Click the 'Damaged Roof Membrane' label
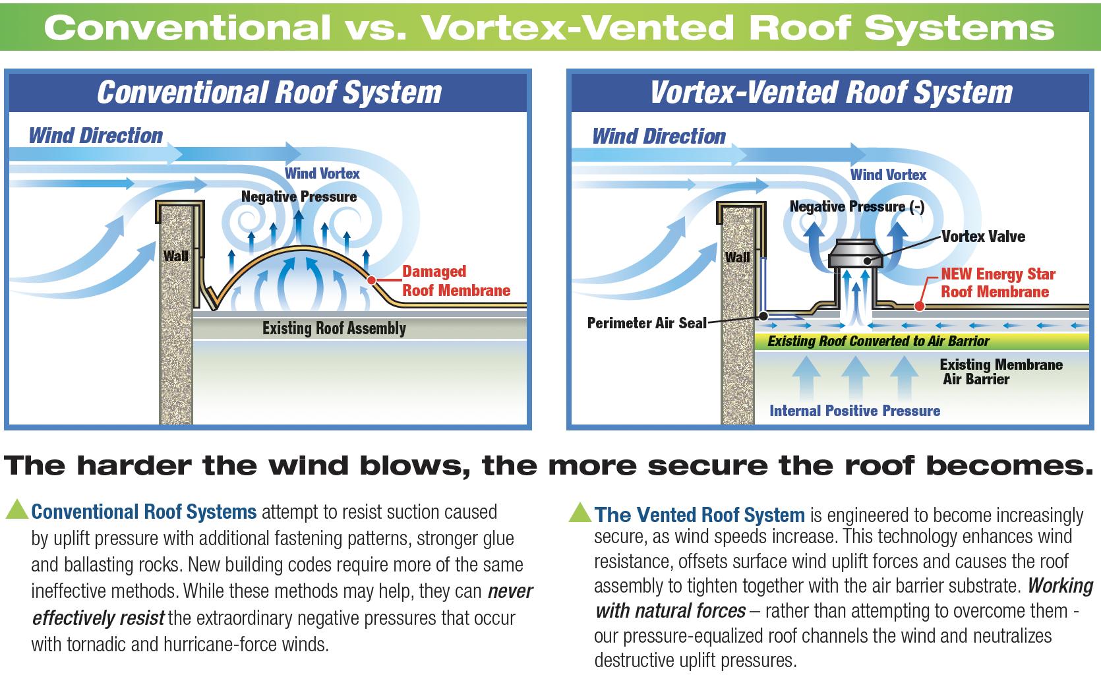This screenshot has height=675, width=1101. [456, 281]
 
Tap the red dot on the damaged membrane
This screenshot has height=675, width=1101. [371, 280]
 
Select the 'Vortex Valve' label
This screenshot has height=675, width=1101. [982, 237]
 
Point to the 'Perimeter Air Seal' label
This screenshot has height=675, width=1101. [646, 323]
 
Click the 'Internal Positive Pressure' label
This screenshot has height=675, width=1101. [854, 411]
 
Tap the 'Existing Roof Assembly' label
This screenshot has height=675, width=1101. [334, 328]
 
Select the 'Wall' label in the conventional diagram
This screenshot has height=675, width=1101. [175, 256]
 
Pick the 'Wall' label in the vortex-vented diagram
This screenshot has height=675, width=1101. [737, 257]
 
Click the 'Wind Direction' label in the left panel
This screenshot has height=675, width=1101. [96, 136]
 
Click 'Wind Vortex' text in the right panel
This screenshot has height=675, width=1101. [888, 175]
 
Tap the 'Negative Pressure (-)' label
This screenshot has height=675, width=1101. [856, 207]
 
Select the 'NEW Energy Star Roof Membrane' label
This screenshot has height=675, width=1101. [997, 283]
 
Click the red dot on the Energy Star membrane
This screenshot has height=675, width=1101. [918, 307]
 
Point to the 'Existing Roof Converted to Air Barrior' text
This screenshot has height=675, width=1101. [878, 341]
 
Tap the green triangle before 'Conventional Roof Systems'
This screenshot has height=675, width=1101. [16, 509]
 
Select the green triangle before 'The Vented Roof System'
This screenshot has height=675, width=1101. [580, 512]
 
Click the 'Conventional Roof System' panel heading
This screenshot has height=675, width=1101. [269, 92]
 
